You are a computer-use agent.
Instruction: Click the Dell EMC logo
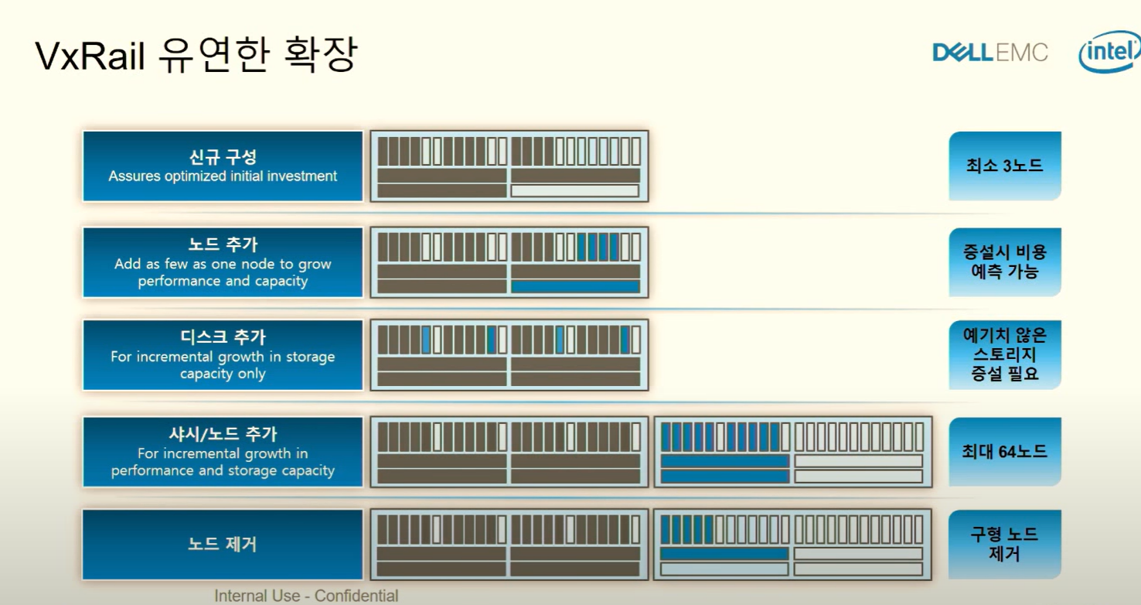pos(990,53)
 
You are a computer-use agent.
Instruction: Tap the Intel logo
pos(1110,52)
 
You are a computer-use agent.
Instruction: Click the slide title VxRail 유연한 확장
pos(196,56)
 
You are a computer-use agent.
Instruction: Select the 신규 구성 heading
pos(223,157)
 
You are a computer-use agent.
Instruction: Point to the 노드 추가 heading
pos(223,245)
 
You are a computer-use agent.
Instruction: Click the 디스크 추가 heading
pos(223,338)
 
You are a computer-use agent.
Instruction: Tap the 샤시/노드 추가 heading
pos(223,434)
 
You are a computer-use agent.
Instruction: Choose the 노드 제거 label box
pos(223,544)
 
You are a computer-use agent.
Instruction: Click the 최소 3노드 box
pos(1004,166)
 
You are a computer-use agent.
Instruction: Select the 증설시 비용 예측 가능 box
pos(1004,261)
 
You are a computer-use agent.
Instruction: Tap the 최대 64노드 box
pos(1004,451)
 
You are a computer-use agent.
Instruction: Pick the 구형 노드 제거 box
pos(1004,544)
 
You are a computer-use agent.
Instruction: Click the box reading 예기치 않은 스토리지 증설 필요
pos(1004,355)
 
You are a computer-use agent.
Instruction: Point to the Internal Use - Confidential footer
pos(306,596)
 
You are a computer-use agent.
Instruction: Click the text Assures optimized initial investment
pos(223,176)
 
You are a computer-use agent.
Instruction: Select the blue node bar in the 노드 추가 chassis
pos(575,286)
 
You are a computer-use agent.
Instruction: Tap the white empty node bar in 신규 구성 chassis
pos(575,190)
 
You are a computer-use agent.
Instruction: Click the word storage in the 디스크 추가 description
pos(309,357)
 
